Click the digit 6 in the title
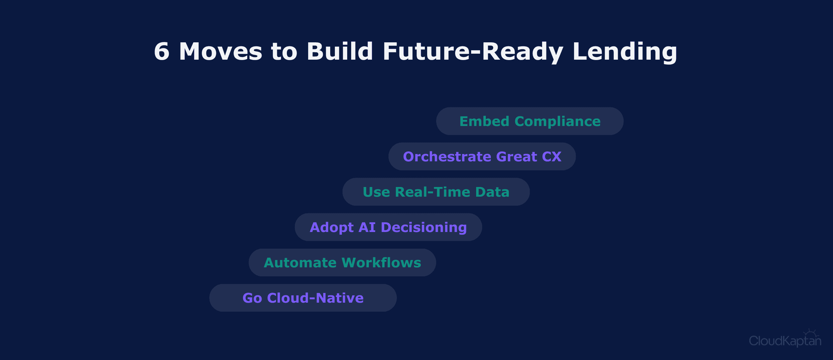pos(162,52)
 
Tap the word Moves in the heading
pos(221,52)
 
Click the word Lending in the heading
pos(625,52)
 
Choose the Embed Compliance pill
pos(530,121)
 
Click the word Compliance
pos(557,122)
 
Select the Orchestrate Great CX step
pos(482,156)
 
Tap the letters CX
pos(551,157)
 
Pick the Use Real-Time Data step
pos(436,192)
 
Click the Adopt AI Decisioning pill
pos(389,227)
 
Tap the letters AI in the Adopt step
pos(367,227)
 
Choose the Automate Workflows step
pos(343,262)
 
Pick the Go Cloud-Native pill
pos(303,298)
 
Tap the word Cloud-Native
pos(315,298)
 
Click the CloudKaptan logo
pos(785,339)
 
